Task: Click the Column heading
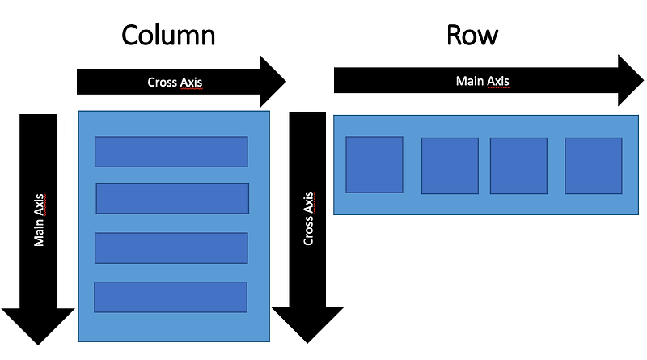(168, 36)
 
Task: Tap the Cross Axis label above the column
(174, 82)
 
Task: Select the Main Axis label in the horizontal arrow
(483, 80)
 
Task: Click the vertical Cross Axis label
(308, 218)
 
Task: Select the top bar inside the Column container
(171, 151)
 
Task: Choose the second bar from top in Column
(172, 198)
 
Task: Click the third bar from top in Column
(171, 248)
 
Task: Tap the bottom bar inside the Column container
(171, 297)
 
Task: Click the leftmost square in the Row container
(374, 164)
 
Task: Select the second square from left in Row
(450, 166)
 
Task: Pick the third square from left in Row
(518, 166)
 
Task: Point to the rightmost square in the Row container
(594, 166)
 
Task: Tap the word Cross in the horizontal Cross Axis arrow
(162, 82)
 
